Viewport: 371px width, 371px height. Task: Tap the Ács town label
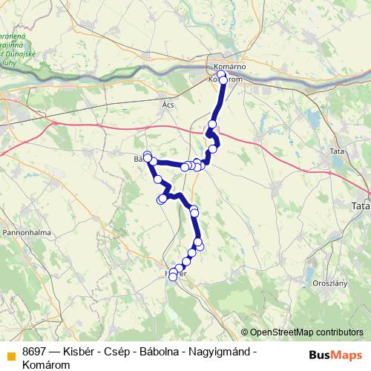point(168,106)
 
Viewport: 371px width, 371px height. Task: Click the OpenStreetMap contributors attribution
point(306,332)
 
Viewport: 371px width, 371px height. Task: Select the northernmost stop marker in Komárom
point(222,74)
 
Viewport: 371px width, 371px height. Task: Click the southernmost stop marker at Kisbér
point(174,277)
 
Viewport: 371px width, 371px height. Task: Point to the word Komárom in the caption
point(47,364)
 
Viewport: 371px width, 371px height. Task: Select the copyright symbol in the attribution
point(245,332)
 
